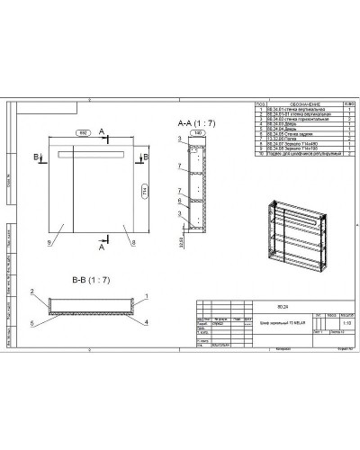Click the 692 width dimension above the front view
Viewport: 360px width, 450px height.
pos(83,132)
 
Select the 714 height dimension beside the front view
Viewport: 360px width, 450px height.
pos(145,192)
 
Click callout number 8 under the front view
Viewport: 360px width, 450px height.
pos(132,243)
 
